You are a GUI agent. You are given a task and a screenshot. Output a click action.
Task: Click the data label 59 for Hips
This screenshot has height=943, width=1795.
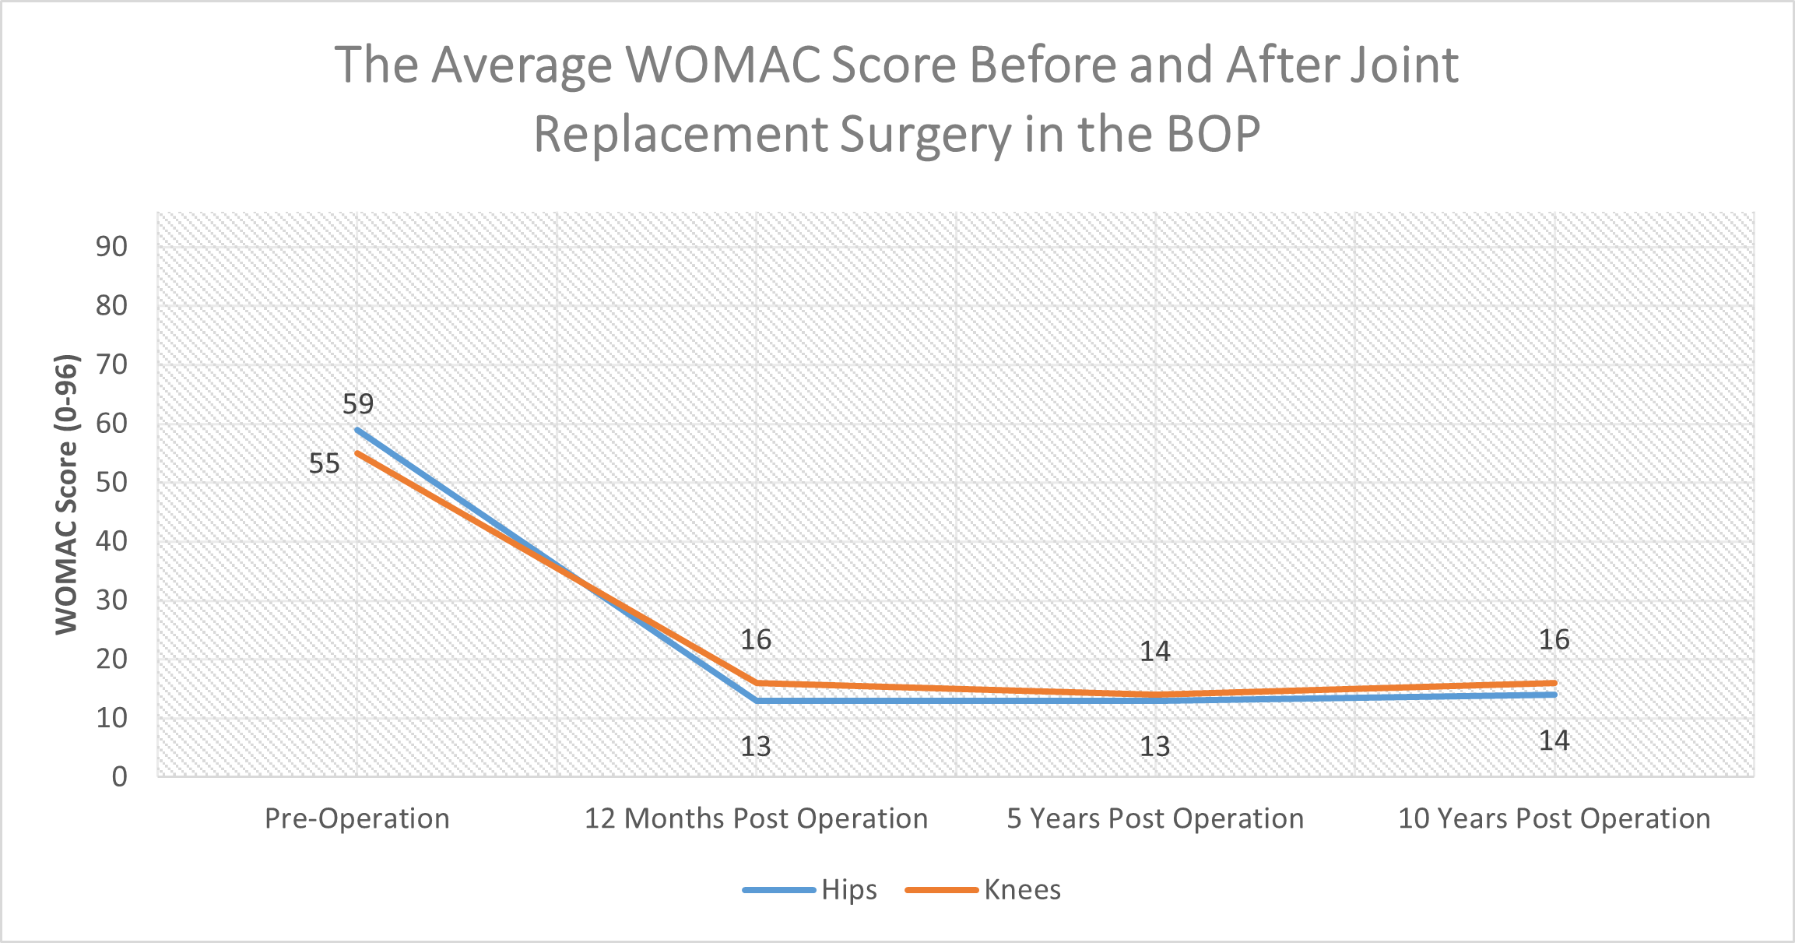click(358, 404)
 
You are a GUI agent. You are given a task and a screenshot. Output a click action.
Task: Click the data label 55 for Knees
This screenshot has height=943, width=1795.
click(324, 464)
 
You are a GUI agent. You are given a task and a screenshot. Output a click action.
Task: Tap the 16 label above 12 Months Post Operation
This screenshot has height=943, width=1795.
click(755, 640)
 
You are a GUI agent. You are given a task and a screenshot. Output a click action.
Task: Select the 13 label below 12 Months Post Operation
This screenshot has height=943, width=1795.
click(755, 747)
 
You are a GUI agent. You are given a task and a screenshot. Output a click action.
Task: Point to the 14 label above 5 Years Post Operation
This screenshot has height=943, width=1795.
click(1154, 652)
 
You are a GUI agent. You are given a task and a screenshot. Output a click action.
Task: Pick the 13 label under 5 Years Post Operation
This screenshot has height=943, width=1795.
click(1154, 747)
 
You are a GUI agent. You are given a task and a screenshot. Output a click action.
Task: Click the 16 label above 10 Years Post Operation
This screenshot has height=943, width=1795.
click(1554, 640)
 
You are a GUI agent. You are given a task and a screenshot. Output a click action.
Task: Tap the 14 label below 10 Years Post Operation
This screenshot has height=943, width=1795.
click(1554, 741)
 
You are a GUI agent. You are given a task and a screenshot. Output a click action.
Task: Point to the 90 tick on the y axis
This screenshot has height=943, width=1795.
click(111, 247)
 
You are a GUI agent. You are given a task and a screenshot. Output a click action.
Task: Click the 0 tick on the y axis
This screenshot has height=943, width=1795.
click(119, 776)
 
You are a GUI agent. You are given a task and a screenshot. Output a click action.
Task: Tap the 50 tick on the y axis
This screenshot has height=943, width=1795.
click(111, 482)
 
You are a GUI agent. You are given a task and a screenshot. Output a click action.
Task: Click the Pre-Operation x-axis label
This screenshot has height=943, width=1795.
click(357, 819)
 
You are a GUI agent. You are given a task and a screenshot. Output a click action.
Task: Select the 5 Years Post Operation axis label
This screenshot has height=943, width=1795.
click(1154, 819)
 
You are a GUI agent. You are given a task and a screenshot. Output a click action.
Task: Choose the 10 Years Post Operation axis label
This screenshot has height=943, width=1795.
click(1554, 819)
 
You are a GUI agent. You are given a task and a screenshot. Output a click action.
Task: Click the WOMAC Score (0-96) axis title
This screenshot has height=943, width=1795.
click(67, 494)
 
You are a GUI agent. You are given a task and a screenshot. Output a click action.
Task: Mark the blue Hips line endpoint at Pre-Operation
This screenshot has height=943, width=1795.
click(357, 430)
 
